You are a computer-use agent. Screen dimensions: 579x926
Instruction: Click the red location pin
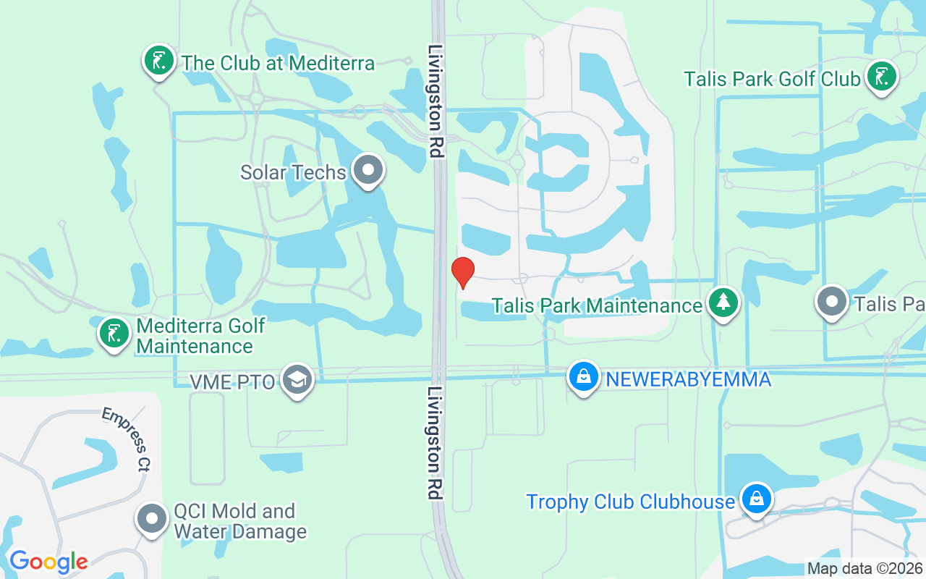[463, 272]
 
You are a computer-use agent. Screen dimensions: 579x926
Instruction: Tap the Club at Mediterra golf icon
[158, 60]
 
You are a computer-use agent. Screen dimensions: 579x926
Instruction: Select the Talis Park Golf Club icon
[881, 76]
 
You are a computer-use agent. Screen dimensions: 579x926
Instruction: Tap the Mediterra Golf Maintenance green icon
[114, 334]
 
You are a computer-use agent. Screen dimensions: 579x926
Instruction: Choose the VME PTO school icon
[297, 379]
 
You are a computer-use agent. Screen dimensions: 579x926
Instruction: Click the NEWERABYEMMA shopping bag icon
[583, 376]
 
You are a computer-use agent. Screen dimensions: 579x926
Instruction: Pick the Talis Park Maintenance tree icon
[723, 303]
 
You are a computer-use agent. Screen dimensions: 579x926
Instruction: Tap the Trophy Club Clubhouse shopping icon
[756, 499]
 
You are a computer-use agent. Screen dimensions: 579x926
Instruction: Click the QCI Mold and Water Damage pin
[152, 519]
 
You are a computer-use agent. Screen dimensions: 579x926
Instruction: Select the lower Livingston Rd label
[434, 443]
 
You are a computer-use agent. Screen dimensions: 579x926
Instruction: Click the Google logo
[48, 562]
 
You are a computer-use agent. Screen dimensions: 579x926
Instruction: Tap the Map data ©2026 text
[865, 569]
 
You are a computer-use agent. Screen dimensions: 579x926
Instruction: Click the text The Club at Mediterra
[279, 64]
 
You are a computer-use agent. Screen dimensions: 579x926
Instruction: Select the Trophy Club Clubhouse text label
[630, 502]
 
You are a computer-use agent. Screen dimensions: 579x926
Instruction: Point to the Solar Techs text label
[294, 173]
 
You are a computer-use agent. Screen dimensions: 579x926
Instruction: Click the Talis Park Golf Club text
[772, 78]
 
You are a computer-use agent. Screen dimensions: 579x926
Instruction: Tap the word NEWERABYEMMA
[688, 379]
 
